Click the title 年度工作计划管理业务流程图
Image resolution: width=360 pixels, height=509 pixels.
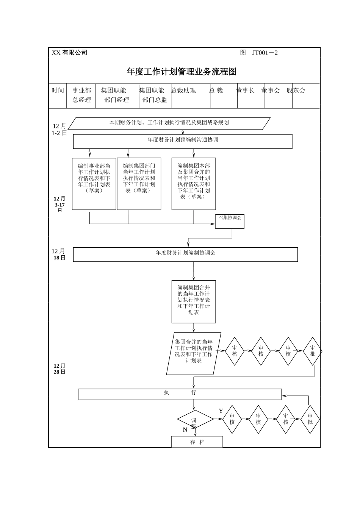(182, 72)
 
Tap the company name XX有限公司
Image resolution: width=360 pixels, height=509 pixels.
(69, 53)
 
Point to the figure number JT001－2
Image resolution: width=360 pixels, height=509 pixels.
(265, 53)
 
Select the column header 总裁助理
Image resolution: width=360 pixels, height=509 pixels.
(183, 91)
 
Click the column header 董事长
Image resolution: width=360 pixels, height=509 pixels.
(245, 91)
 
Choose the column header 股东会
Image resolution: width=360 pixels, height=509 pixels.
(296, 91)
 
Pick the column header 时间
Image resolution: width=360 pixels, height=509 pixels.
(58, 91)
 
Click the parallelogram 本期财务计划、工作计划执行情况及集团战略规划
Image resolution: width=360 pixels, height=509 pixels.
(169, 123)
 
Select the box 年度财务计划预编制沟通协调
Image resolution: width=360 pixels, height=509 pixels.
(183, 141)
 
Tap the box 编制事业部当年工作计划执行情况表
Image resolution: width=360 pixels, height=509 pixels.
(94, 184)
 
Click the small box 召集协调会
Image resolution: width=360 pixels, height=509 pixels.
(230, 221)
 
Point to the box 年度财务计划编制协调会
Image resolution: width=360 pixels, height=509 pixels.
(185, 254)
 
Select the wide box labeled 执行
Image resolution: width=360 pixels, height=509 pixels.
(180, 394)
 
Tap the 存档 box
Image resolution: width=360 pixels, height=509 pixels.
(197, 442)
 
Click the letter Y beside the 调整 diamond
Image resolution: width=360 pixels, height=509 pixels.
(221, 411)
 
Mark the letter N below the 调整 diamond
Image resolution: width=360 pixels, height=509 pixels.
(185, 430)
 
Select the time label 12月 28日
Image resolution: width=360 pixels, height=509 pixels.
(59, 369)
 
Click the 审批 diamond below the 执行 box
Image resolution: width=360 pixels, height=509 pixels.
(310, 419)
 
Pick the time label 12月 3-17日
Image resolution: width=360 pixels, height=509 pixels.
(59, 204)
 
